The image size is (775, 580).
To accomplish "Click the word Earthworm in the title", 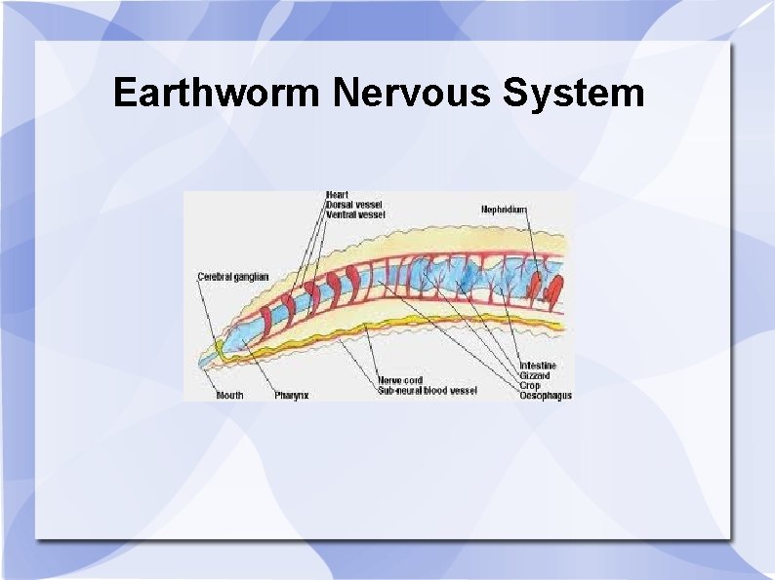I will coord(216,94).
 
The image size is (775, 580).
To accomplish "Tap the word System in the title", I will coord(573,94).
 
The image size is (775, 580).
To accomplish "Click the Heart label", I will coord(336,195).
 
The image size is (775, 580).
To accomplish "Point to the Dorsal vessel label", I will coord(353,205).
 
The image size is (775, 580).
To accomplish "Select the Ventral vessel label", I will coord(354,214).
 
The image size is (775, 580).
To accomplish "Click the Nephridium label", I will coord(504,209).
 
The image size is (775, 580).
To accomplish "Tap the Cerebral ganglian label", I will coord(232,277).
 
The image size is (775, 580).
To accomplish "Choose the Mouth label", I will coord(230,395).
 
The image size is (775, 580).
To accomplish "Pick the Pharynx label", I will coord(291,395).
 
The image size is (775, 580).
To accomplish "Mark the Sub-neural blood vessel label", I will coord(427,391).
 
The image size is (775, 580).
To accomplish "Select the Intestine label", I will coord(538,366).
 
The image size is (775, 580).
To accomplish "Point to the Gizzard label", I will coord(535,375).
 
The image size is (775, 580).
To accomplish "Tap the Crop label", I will coord(529,385).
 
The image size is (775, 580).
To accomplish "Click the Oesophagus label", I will coord(545,395).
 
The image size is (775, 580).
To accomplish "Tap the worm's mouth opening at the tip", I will coord(203,363).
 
